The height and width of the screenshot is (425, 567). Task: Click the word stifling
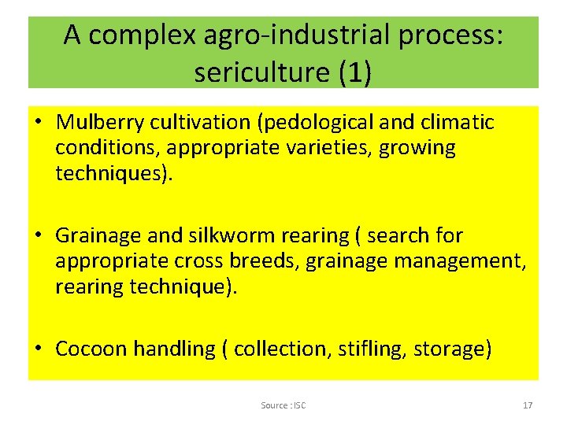tap(372, 348)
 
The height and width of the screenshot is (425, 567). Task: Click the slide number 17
tap(528, 405)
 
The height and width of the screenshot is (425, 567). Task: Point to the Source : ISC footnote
tap(283, 405)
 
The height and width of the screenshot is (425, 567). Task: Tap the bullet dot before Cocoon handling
tap(38, 349)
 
